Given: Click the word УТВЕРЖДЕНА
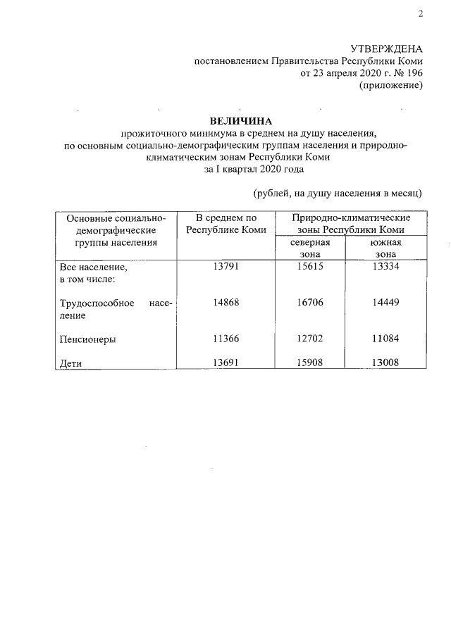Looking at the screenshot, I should (x=387, y=49).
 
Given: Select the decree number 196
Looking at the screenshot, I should (x=414, y=73).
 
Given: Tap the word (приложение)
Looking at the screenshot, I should (x=390, y=85).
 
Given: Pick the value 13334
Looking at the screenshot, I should (x=386, y=267).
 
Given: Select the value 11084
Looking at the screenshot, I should (x=386, y=339).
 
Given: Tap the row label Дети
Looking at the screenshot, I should (x=70, y=364).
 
